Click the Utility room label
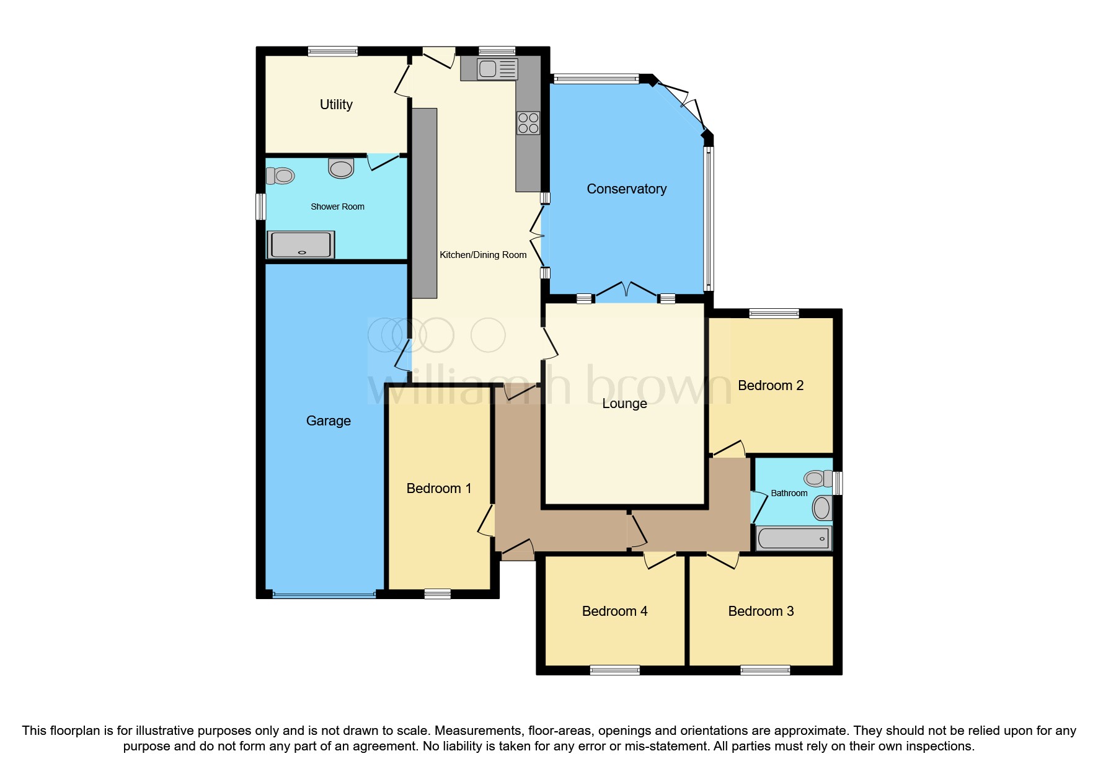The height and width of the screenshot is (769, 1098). click(336, 105)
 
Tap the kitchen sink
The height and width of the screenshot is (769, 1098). click(497, 69)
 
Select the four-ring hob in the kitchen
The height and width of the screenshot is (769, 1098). click(528, 123)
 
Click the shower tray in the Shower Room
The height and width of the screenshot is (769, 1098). click(301, 244)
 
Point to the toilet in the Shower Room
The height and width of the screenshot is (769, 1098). click(280, 176)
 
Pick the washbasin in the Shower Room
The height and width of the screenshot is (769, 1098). click(341, 168)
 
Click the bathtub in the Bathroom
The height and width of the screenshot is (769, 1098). click(794, 538)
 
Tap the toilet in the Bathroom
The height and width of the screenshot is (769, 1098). click(818, 479)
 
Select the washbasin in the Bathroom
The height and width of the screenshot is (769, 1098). click(822, 509)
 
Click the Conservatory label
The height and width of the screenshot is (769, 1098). click(626, 189)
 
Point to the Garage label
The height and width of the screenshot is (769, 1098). click(329, 421)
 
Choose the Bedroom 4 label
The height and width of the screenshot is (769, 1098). click(614, 611)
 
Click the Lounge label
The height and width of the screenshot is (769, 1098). click(624, 404)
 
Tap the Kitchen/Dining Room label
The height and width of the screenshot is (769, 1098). click(483, 255)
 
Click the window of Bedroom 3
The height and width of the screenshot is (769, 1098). click(765, 670)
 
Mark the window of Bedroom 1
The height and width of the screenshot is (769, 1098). click(438, 594)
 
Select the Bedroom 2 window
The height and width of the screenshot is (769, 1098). click(774, 313)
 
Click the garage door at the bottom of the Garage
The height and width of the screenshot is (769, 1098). click(324, 595)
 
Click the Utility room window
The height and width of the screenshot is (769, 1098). click(333, 51)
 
